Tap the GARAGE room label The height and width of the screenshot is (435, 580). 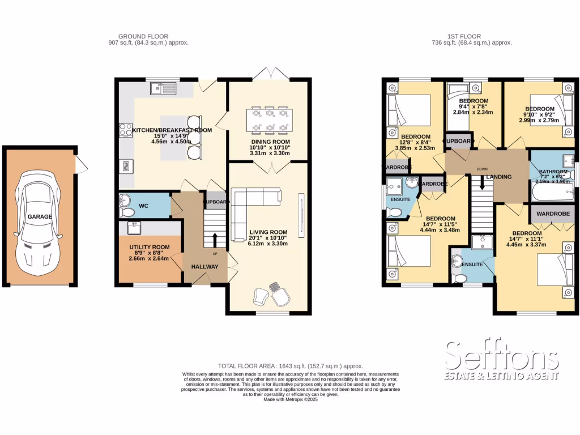(x=39, y=217)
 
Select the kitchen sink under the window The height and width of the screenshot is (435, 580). (x=164, y=88)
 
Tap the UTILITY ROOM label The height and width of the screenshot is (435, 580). (x=150, y=248)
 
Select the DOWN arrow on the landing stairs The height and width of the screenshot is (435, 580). (x=482, y=183)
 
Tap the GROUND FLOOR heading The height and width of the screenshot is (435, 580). (x=148, y=36)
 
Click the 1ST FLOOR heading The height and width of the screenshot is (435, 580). (x=471, y=36)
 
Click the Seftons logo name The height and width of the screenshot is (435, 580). (x=502, y=357)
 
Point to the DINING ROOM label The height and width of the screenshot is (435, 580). (x=270, y=142)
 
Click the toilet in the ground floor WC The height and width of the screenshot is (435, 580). (x=126, y=212)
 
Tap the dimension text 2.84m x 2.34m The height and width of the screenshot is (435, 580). (x=473, y=112)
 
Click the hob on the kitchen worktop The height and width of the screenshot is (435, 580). (x=125, y=131)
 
